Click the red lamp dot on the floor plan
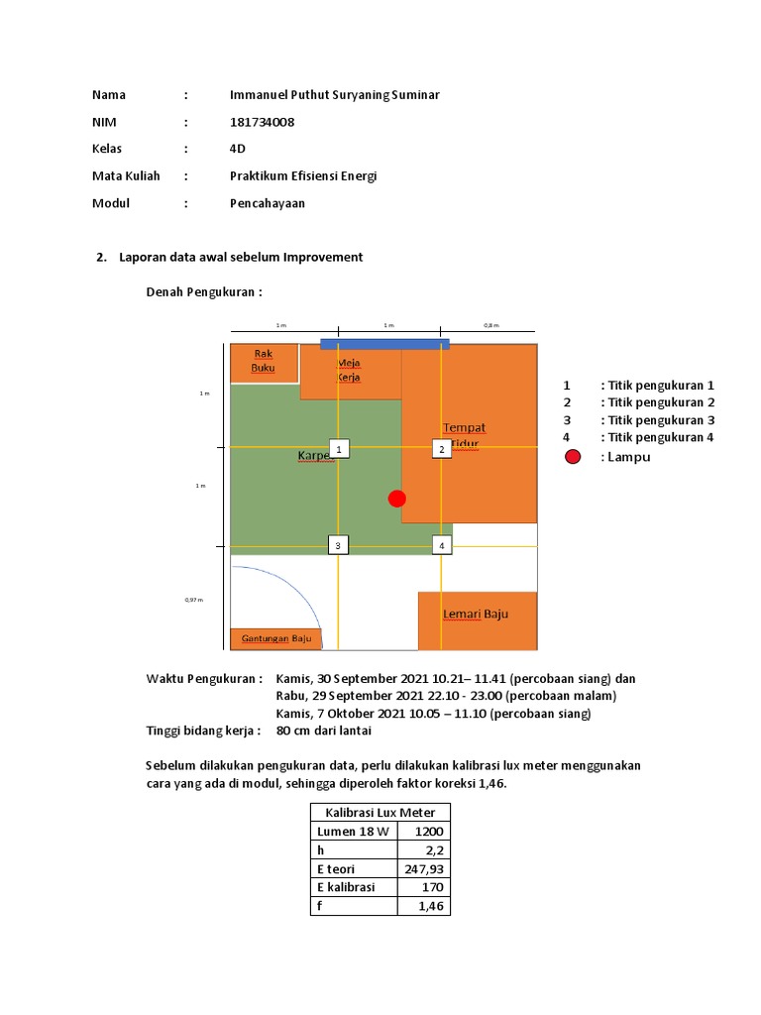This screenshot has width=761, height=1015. (397, 499)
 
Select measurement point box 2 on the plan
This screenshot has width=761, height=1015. (442, 449)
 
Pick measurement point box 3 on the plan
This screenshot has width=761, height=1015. (338, 544)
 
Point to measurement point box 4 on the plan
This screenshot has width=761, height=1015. (442, 544)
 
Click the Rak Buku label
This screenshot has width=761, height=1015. (263, 361)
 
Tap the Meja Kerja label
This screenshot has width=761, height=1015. (349, 370)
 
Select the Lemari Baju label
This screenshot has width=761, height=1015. (476, 614)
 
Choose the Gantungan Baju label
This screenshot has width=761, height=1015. (276, 638)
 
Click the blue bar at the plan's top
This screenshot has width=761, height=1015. (384, 343)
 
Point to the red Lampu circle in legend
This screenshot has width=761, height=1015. (573, 457)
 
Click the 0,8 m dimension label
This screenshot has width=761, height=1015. (491, 324)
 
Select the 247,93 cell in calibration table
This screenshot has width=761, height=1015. (423, 868)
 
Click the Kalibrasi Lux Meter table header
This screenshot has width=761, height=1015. (380, 813)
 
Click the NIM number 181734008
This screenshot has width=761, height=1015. (262, 122)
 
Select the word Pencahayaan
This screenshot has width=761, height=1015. (269, 203)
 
